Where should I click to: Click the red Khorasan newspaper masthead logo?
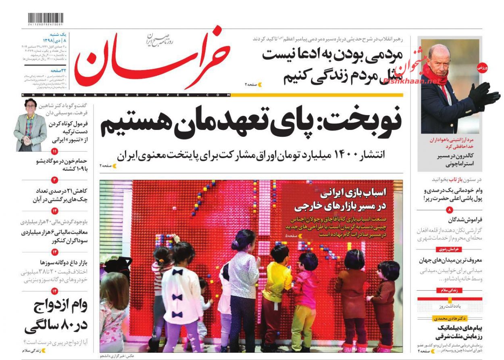(153, 57)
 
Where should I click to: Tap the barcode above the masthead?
(45, 19)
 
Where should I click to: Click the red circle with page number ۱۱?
(55, 152)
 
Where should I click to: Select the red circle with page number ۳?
(55, 180)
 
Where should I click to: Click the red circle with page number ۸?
(450, 210)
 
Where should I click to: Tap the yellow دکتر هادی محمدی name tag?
(447, 318)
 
